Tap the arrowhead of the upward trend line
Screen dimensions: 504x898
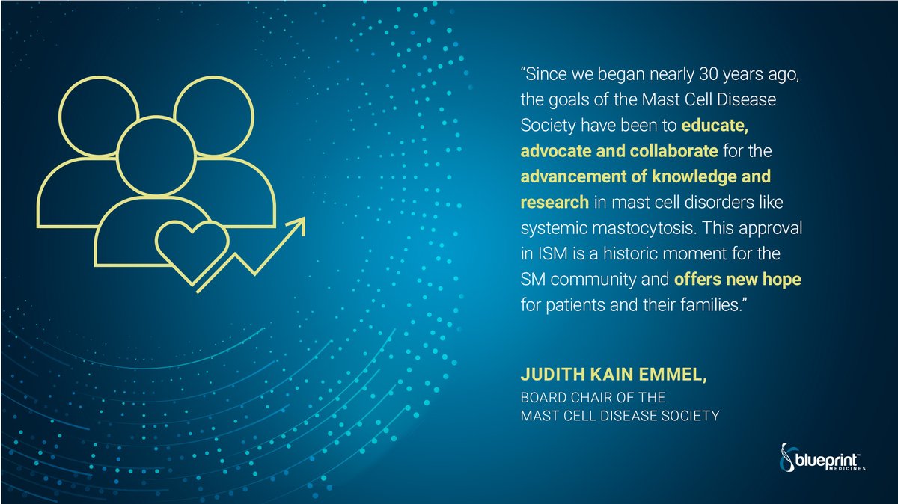pos(298,224)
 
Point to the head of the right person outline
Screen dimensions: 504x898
pos(212,120)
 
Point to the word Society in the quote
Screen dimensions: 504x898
pos(544,125)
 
